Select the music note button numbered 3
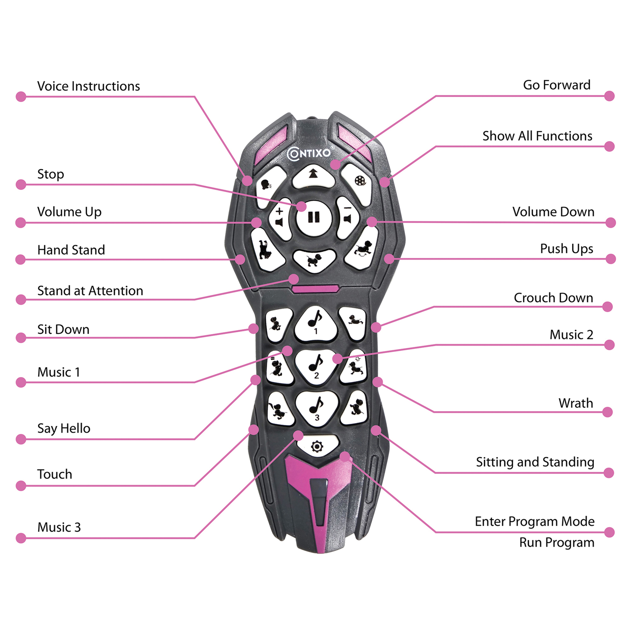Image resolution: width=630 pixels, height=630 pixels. (x=317, y=408)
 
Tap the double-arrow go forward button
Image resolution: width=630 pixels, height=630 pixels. (x=313, y=176)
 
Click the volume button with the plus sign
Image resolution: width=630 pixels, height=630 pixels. (x=280, y=218)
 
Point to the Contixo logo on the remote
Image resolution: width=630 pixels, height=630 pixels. (x=310, y=153)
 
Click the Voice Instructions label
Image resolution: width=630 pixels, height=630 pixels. (x=88, y=86)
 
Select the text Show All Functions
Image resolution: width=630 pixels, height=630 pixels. (x=537, y=136)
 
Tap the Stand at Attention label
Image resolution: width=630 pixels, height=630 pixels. (x=90, y=291)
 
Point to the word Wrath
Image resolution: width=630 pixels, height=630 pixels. (x=575, y=403)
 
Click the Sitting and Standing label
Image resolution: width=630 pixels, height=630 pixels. (x=535, y=462)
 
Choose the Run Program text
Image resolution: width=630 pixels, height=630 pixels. (x=556, y=542)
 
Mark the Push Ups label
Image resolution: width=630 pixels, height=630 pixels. (x=566, y=249)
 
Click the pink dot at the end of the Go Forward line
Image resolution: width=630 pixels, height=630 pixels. (x=609, y=96)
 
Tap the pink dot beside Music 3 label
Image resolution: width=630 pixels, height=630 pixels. (x=21, y=538)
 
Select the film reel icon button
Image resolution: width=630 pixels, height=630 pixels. (x=360, y=181)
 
